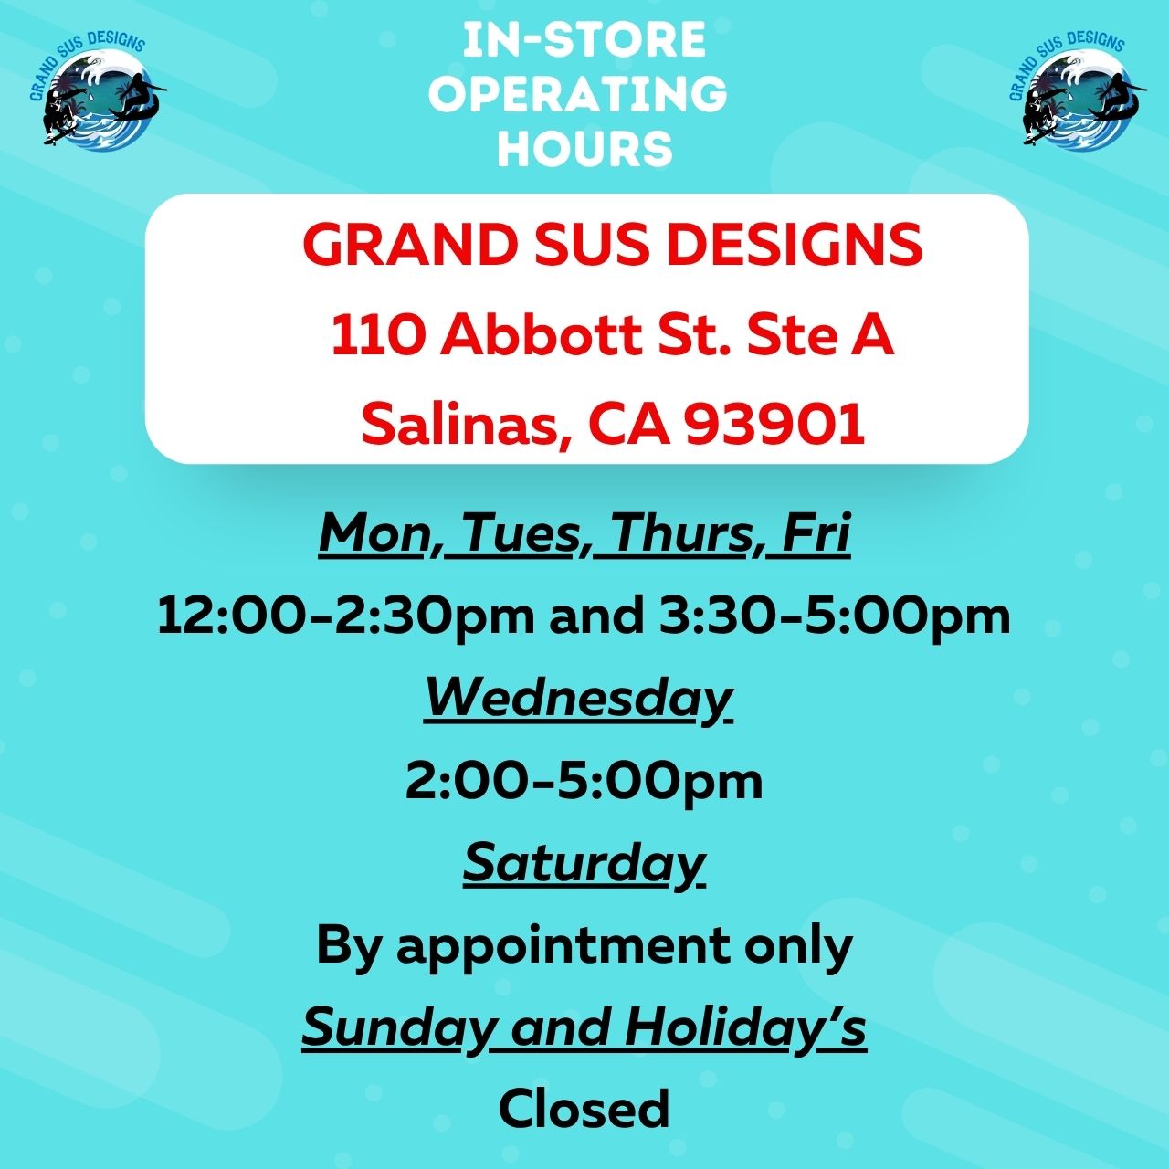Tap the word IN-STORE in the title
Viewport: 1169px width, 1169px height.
point(584,40)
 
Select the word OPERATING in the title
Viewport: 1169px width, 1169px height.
point(577,94)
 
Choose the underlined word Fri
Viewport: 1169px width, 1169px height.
point(815,533)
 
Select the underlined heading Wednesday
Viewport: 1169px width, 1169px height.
point(578,700)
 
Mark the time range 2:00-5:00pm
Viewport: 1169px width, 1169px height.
point(584,782)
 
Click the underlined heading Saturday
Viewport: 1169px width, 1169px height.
point(584,865)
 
